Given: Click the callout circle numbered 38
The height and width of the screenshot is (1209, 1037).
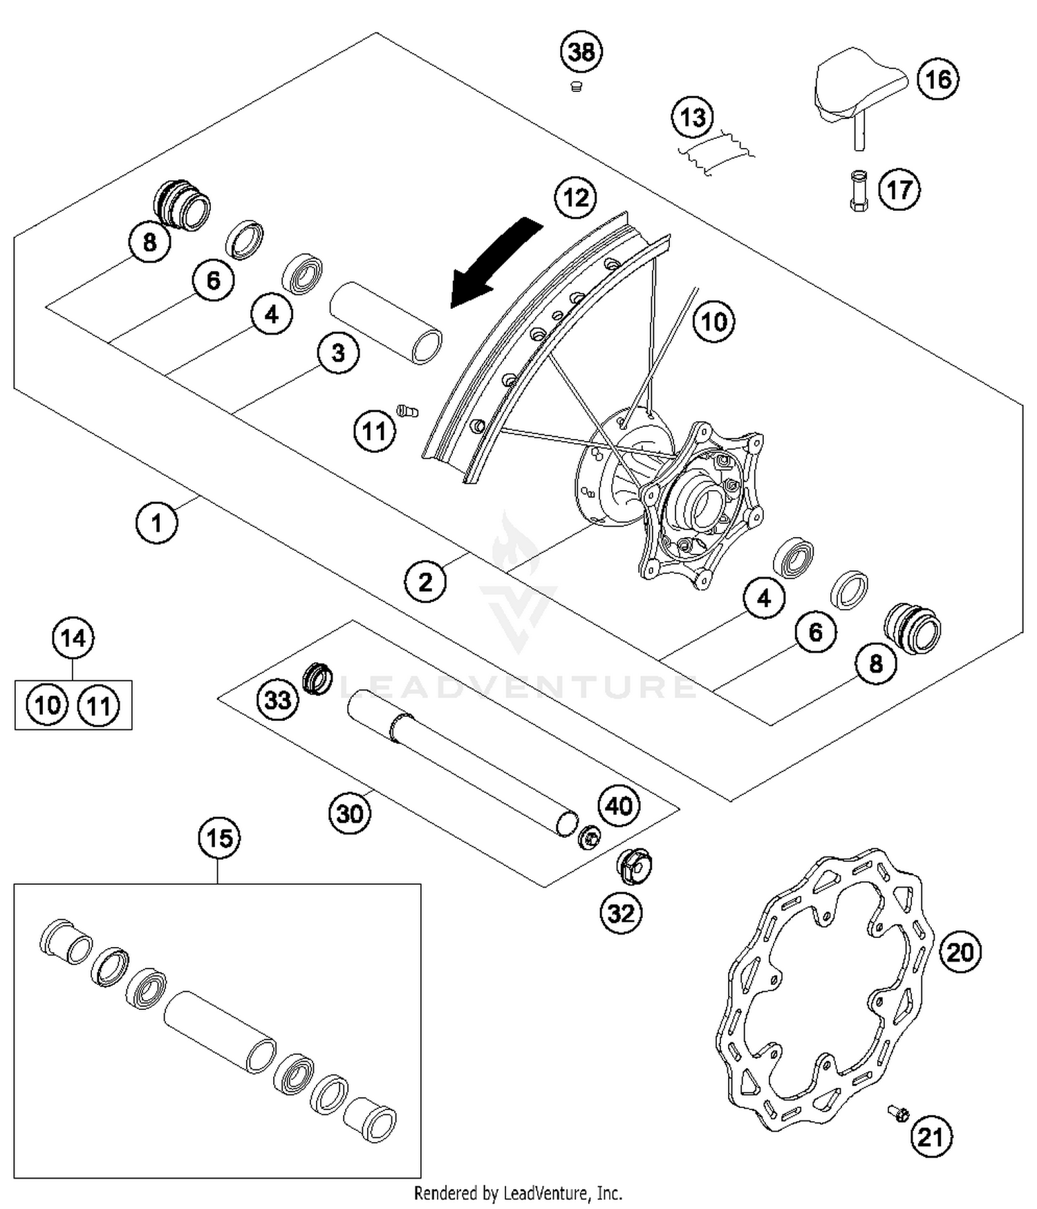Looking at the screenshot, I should [581, 52].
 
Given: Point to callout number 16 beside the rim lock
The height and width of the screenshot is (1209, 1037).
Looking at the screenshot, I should [938, 79].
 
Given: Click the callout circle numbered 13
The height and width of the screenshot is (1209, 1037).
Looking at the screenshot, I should [693, 118].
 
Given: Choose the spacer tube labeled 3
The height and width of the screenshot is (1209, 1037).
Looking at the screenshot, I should [386, 321].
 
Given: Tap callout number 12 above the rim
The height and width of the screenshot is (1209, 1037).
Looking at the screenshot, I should [575, 198].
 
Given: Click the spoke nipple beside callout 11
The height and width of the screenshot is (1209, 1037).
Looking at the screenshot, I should [407, 411].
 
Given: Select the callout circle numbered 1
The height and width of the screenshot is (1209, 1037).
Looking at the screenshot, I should [156, 523].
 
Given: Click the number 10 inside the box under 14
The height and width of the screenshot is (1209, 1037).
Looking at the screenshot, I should [47, 706].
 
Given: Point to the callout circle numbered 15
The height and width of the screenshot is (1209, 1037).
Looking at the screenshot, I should [219, 838].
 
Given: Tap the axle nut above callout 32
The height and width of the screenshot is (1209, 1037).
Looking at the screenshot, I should [633, 865].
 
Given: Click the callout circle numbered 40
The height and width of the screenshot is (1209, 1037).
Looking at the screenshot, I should [619, 805].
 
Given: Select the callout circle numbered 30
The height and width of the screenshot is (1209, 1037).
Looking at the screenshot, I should [349, 814].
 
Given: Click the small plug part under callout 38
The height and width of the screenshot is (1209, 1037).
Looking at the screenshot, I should [577, 86].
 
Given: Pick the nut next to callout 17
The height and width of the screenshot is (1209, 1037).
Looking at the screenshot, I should [859, 191].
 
